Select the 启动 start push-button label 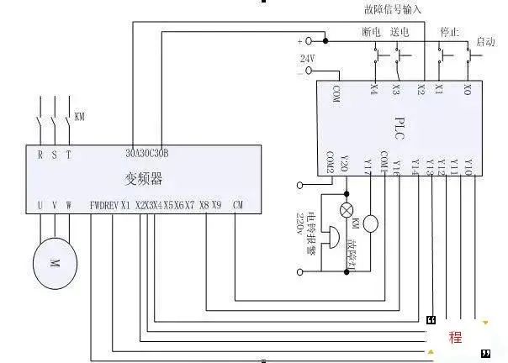tap(485, 40)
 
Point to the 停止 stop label tap(449, 32)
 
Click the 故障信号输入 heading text tap(393, 9)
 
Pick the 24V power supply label tap(307, 58)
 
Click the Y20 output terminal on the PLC tap(342, 164)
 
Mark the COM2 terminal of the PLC tap(331, 161)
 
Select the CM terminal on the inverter tap(237, 204)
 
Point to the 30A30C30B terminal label tap(148, 153)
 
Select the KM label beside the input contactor tap(80, 116)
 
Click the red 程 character tap(455, 337)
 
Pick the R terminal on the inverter tap(40, 154)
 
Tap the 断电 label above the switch tap(372, 32)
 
